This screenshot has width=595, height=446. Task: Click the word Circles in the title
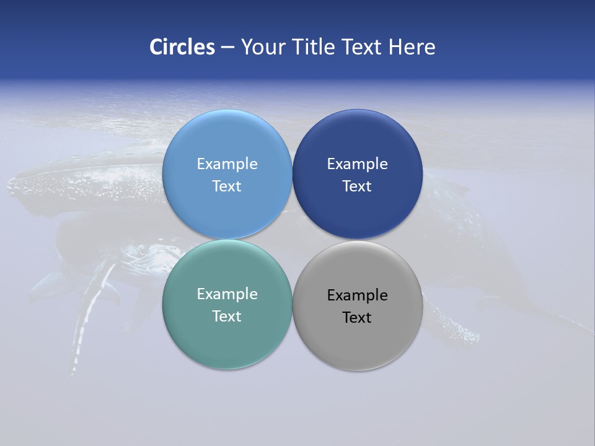[x=182, y=47]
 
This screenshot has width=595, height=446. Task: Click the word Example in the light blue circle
[x=227, y=164]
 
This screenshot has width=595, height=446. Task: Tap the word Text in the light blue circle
[x=227, y=186]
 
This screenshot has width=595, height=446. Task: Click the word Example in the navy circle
[x=357, y=164]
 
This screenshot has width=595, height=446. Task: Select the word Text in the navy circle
[x=357, y=186]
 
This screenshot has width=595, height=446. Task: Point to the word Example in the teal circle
[x=227, y=294]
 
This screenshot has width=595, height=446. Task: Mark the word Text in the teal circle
[x=227, y=316]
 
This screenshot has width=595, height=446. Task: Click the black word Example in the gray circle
[x=357, y=295]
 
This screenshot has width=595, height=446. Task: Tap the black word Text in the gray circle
[x=357, y=317]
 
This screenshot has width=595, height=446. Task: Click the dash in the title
[x=227, y=48]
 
